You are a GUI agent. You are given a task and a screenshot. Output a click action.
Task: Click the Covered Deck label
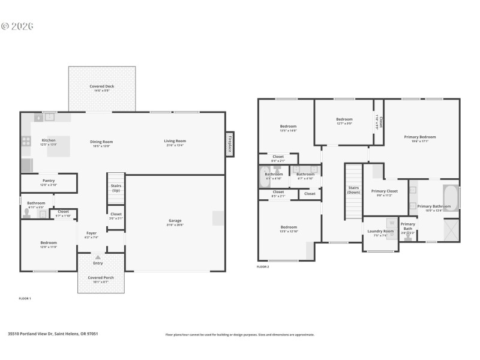tap(101, 86)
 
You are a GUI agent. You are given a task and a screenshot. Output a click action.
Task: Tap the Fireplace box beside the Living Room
tap(230, 144)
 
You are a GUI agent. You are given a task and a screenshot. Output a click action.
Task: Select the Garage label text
tap(175, 221)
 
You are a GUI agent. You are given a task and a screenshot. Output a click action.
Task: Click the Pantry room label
tap(49, 181)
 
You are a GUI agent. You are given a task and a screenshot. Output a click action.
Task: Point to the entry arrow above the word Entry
tap(97, 257)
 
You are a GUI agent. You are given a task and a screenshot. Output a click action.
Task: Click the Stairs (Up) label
tap(116, 188)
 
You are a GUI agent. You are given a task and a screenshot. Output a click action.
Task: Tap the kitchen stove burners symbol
tap(26, 142)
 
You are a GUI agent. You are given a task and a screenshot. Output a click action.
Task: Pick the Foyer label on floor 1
tap(91, 233)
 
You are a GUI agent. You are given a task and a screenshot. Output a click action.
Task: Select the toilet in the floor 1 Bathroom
tap(27, 212)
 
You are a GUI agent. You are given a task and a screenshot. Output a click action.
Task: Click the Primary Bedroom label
tap(419, 137)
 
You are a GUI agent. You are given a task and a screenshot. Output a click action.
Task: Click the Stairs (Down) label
tap(353, 190)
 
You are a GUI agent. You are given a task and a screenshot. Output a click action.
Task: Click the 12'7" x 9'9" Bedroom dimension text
tap(344, 124)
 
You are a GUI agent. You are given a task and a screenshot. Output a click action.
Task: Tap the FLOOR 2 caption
tap(263, 266)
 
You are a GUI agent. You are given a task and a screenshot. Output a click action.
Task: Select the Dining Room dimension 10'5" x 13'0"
tap(101, 146)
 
